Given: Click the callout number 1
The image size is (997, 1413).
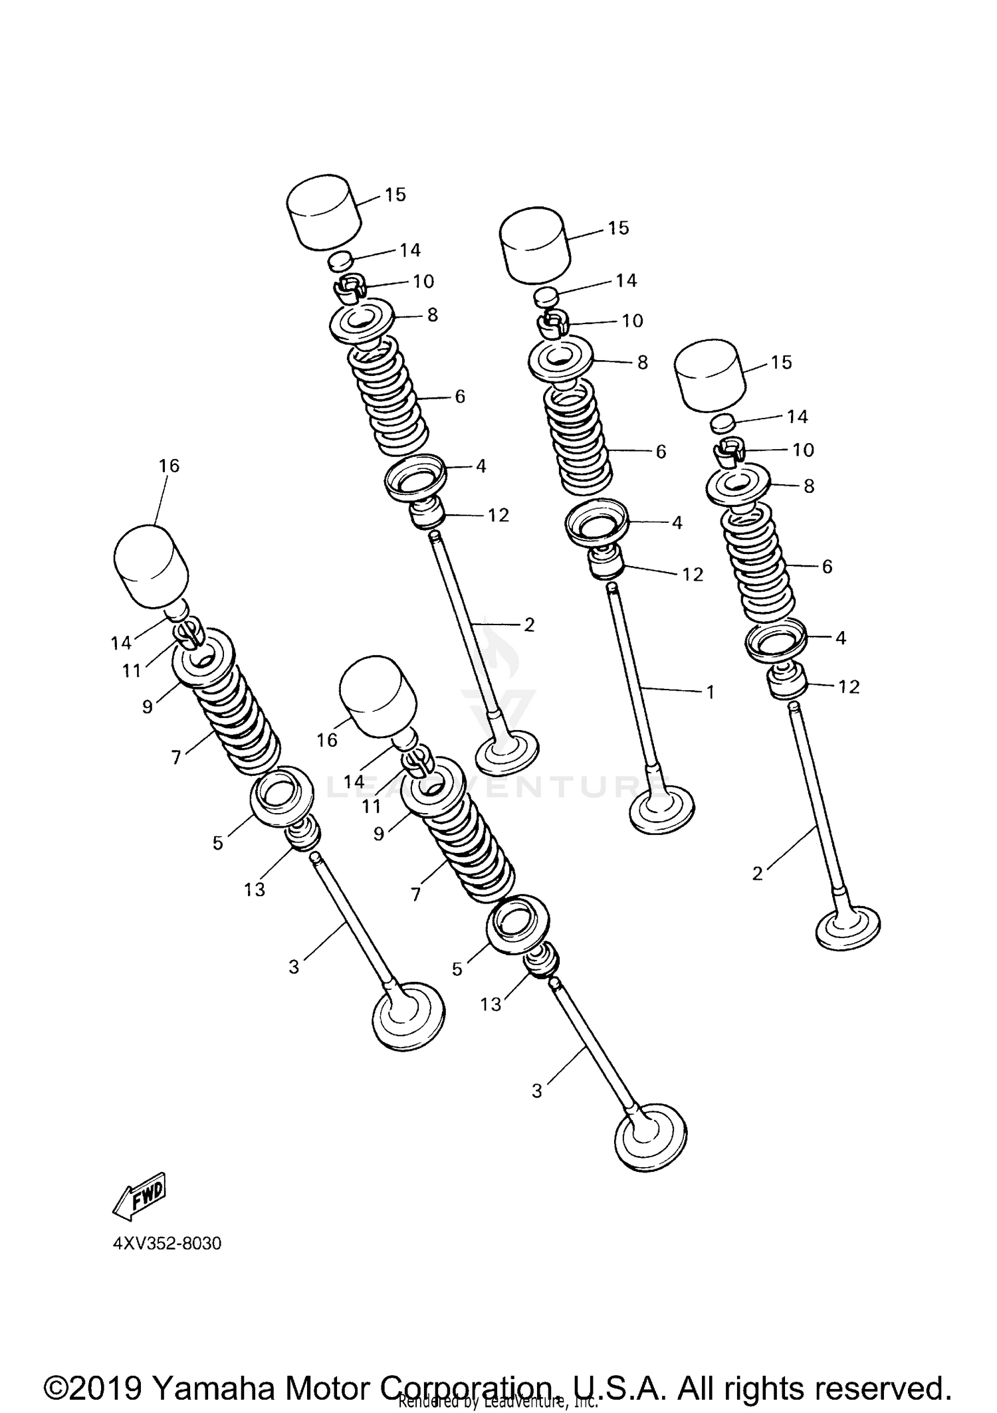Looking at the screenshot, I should coord(710,692).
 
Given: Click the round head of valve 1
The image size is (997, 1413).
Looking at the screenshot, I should coord(662,809).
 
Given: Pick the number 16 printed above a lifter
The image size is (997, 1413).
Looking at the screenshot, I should coord(169,466).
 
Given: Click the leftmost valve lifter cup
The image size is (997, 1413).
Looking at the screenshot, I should coord(152,566).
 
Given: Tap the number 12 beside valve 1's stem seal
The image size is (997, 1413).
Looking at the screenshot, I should coord(693,575).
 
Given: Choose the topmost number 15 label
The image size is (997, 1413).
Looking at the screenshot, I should coord(395,195).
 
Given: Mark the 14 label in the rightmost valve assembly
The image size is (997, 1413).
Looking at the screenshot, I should coord(797,417).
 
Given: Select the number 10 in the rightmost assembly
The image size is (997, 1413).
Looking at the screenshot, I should coord(803,450).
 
